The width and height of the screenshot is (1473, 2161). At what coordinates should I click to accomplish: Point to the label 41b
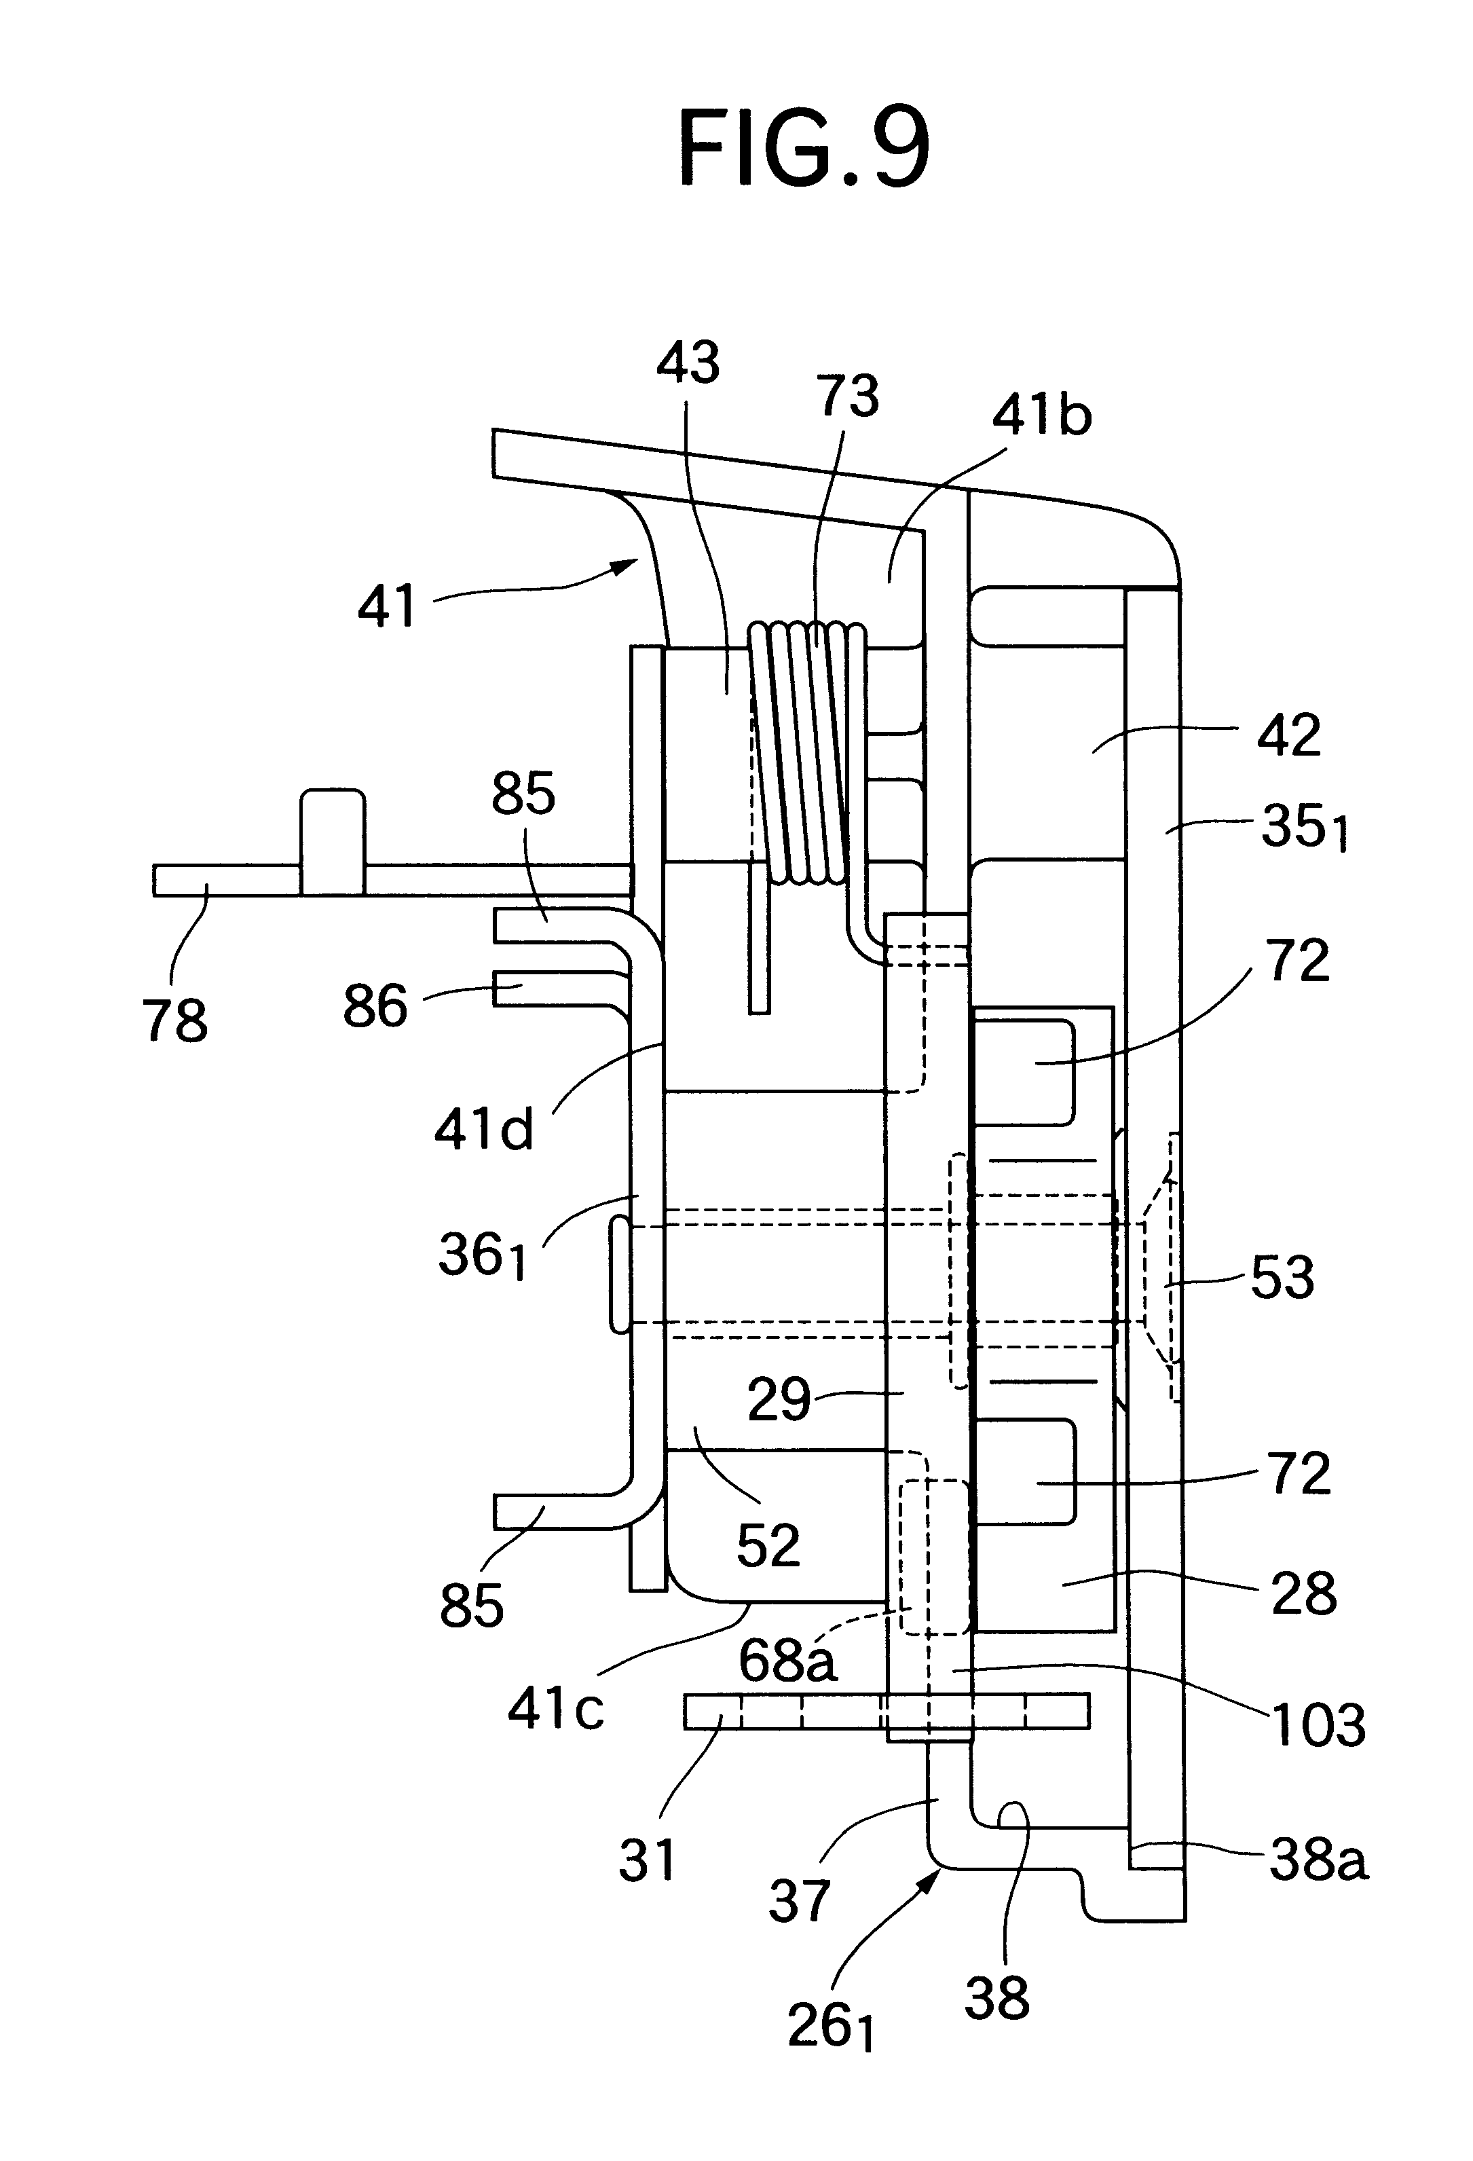tap(1041, 415)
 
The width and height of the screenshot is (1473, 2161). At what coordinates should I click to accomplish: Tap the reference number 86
tap(375, 1006)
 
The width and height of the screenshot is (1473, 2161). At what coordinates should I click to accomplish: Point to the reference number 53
tap(1282, 1278)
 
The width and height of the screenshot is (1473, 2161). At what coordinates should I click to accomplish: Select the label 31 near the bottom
tap(647, 1862)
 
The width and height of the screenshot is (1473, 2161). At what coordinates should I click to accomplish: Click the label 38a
tap(1319, 1861)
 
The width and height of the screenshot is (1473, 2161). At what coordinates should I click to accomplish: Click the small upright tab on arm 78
tap(332, 842)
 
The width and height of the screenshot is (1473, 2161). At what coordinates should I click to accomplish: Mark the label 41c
tap(556, 1707)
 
